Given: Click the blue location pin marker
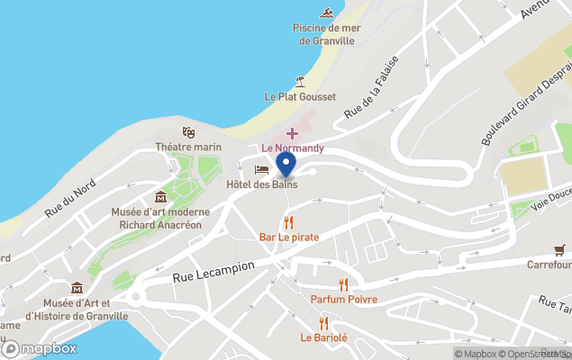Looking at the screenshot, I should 286,165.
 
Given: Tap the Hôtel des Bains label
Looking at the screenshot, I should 261,184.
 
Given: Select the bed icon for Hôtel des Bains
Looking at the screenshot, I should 261,169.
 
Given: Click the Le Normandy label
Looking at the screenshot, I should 292,148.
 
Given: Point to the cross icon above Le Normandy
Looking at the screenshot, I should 292,133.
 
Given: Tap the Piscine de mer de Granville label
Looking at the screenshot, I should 327,34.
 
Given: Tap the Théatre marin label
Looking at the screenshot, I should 188,147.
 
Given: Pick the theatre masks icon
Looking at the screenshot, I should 188,132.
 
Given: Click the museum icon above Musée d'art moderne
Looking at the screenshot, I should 160,197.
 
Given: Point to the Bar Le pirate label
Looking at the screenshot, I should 289,237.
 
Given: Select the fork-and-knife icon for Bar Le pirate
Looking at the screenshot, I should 288,221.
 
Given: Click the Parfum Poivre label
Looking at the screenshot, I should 343,299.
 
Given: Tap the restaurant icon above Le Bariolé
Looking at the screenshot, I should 323,323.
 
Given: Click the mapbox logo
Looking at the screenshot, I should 40,348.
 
